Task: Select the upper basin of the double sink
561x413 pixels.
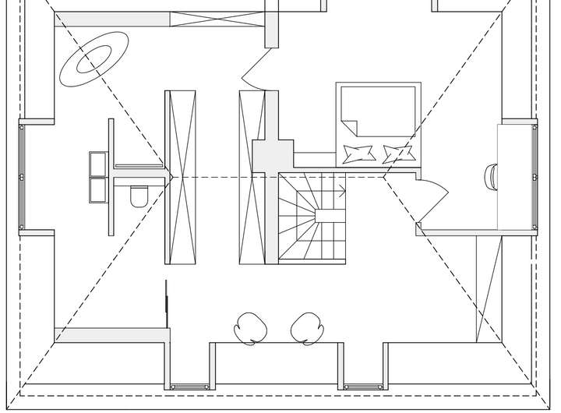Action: point(99,164)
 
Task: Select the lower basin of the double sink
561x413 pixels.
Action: point(99,190)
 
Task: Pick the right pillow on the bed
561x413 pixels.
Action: point(398,153)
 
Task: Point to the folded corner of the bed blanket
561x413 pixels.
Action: point(348,124)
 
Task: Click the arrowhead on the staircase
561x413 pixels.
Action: point(343,189)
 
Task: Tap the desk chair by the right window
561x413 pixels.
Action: point(492,176)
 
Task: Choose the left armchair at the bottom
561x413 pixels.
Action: point(251,327)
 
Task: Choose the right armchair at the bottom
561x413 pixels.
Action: point(306,327)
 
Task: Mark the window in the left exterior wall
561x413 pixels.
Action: point(22,176)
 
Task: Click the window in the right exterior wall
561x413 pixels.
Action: point(535,176)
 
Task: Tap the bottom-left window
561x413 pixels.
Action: point(189,386)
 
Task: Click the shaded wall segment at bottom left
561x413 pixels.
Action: point(112,335)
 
